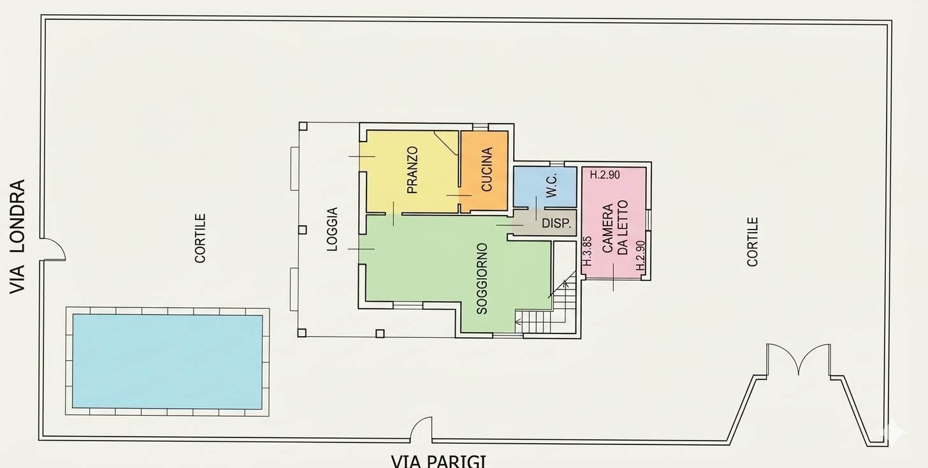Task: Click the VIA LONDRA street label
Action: (17, 237)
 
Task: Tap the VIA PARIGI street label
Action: (439, 461)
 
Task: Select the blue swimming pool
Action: (168, 362)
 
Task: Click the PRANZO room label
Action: (412, 170)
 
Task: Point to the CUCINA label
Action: (487, 169)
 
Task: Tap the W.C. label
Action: (551, 186)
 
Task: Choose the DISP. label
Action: (556, 223)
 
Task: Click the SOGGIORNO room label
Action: (482, 279)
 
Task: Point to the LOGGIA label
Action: (332, 230)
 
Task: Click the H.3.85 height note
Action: (587, 251)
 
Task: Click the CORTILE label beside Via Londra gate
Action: (200, 238)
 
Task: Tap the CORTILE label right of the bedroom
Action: (752, 242)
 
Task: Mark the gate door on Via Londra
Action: (53, 249)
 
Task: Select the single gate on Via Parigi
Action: (421, 428)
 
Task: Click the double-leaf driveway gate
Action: (799, 360)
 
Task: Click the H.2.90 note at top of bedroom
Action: (605, 175)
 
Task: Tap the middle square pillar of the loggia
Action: (302, 230)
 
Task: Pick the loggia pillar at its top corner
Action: (303, 126)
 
